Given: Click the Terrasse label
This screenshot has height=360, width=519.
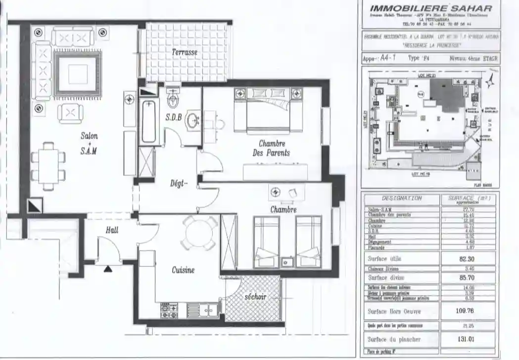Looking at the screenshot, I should pyautogui.click(x=185, y=52).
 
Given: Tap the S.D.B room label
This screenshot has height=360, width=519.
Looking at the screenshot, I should pyautogui.click(x=174, y=117).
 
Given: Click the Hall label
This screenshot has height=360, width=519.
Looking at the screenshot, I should pyautogui.click(x=112, y=230).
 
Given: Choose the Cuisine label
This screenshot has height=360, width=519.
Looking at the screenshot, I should pyautogui.click(x=183, y=270).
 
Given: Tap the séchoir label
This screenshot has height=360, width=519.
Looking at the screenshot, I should pyautogui.click(x=255, y=297).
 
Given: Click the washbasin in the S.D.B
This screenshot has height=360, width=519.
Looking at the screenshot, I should pyautogui.click(x=193, y=120).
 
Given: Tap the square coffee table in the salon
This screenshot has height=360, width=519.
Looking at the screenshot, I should pyautogui.click(x=78, y=74).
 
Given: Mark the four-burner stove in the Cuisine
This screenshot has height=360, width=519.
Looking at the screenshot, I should pyautogui.click(x=169, y=311).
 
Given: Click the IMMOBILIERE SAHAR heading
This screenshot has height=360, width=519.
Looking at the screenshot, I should pyautogui.click(x=431, y=8).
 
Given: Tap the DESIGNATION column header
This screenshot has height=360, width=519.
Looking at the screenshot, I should pyautogui.click(x=402, y=198).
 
